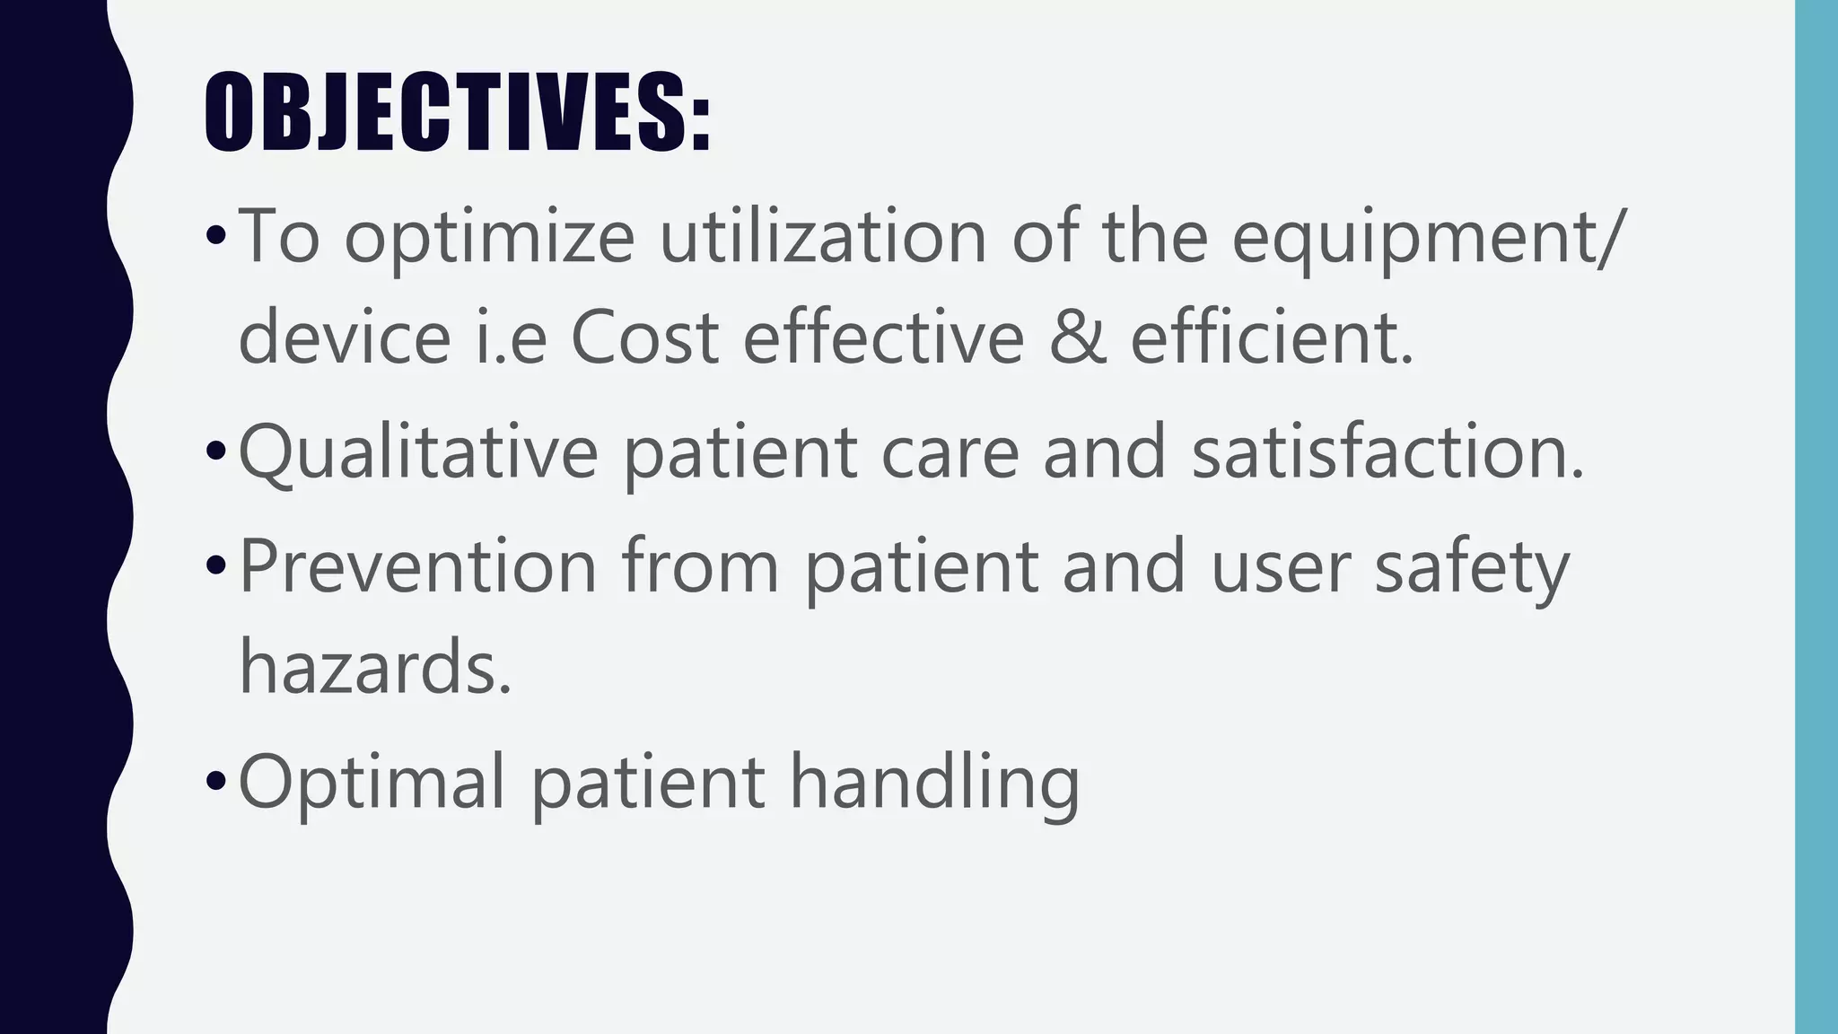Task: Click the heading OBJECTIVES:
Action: coord(458,111)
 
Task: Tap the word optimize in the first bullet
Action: coord(490,237)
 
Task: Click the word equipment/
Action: coord(1427,237)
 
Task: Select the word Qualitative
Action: coord(418,453)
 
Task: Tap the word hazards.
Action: coord(375,665)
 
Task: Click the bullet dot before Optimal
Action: coord(215,781)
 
